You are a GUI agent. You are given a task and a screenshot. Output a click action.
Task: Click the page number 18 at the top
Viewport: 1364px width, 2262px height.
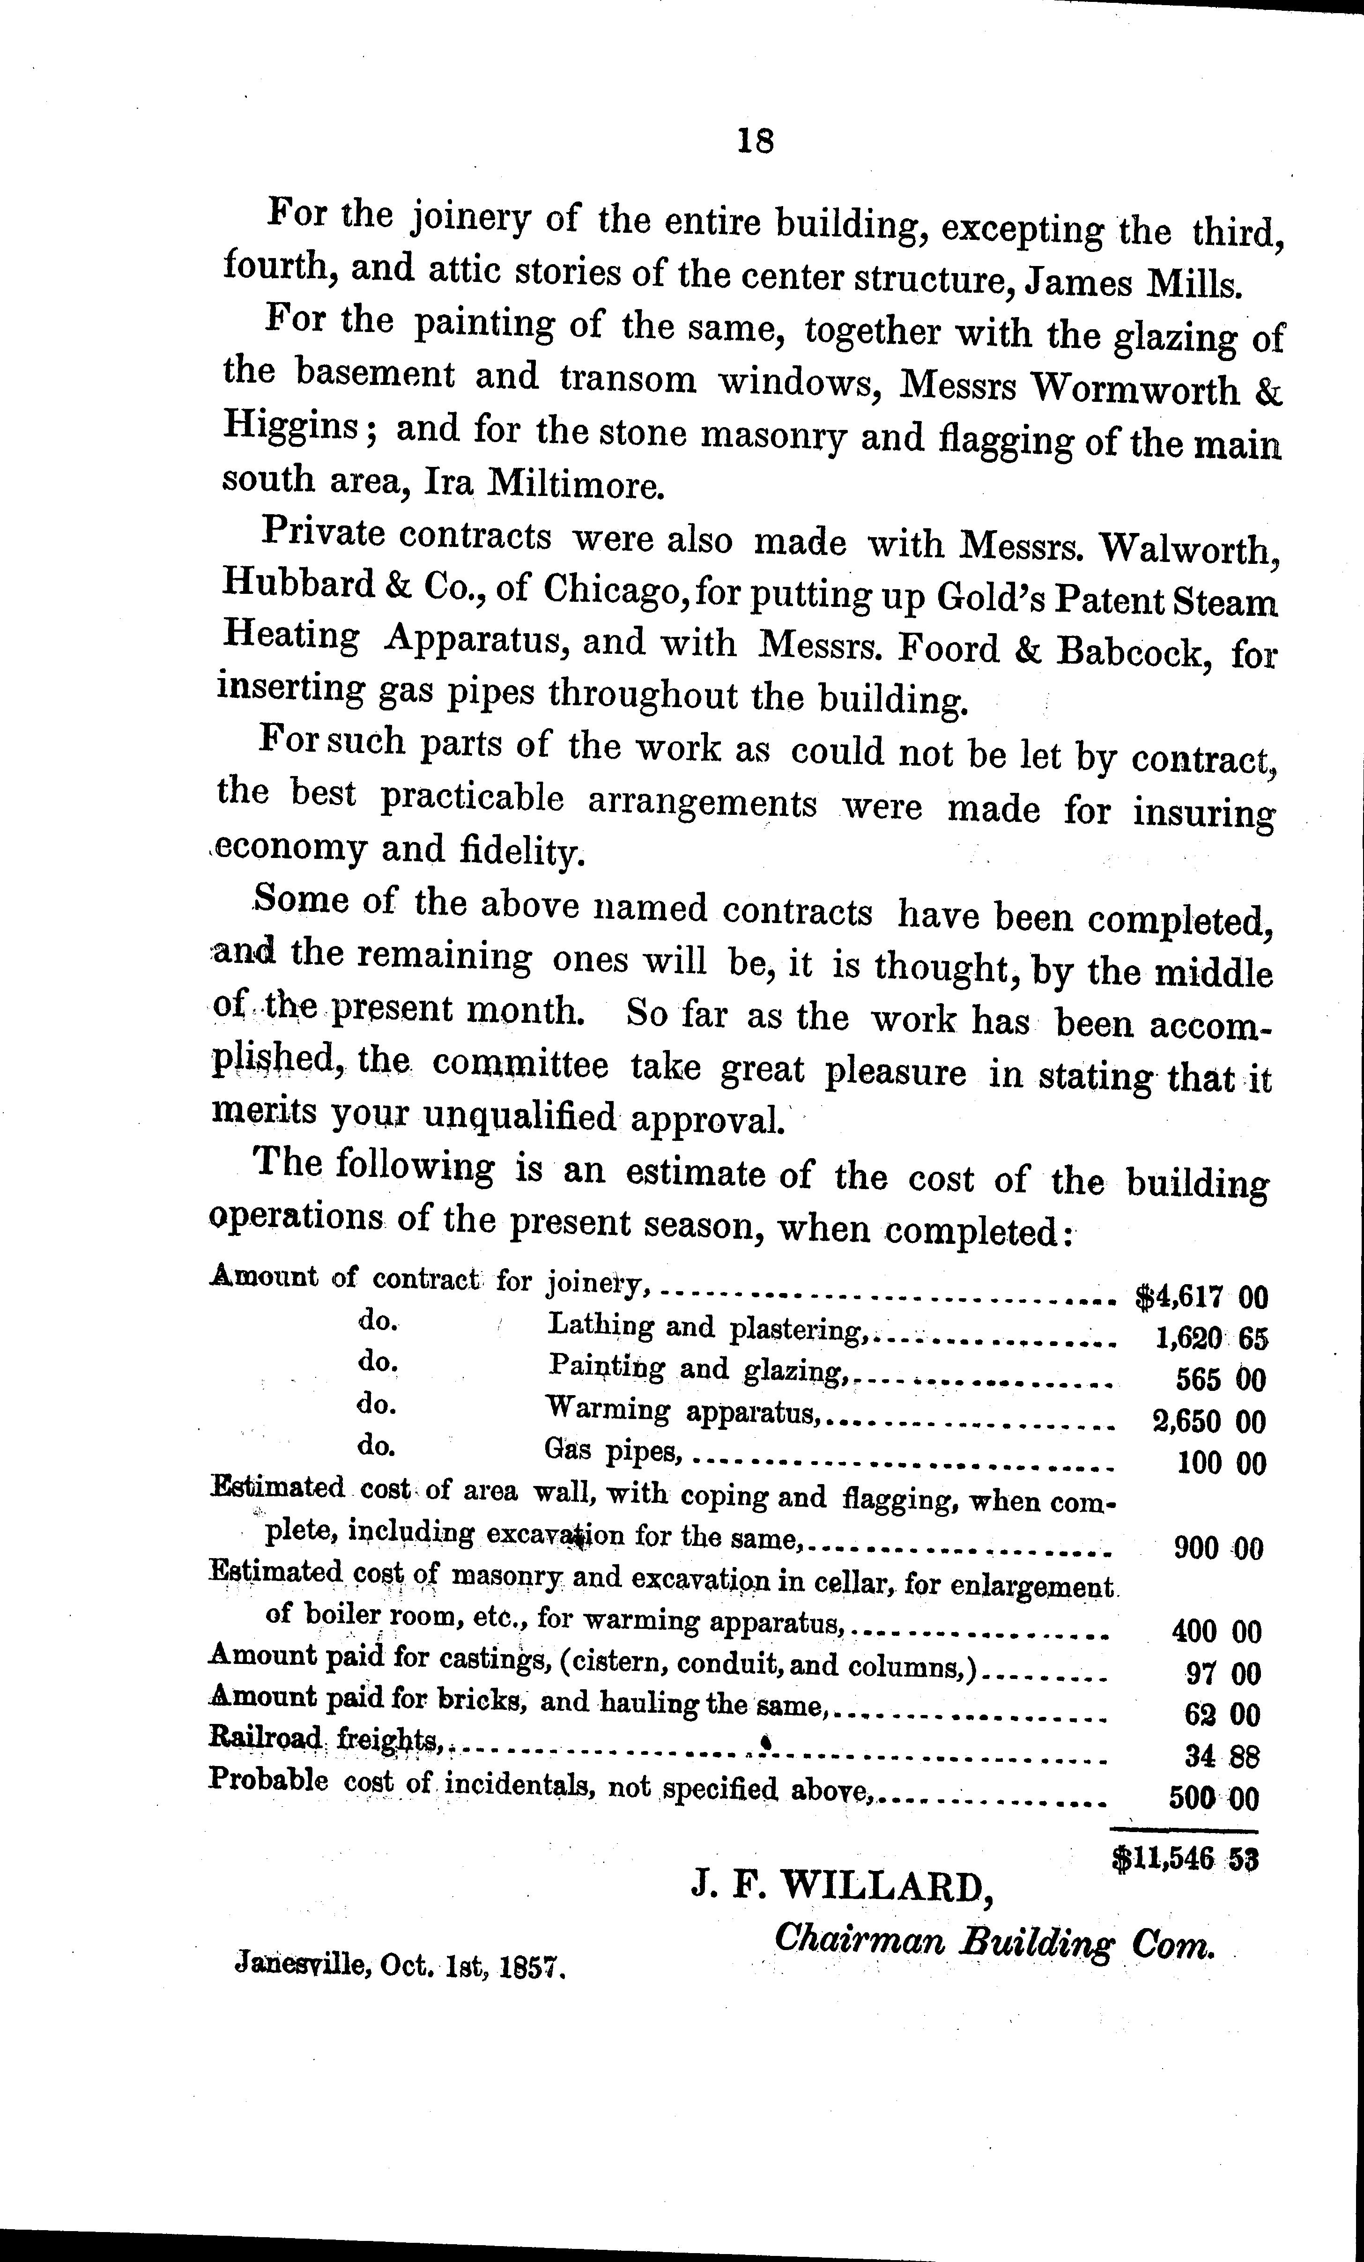[756, 140]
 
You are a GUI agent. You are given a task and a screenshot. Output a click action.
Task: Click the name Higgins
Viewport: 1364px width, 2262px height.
[291, 427]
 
